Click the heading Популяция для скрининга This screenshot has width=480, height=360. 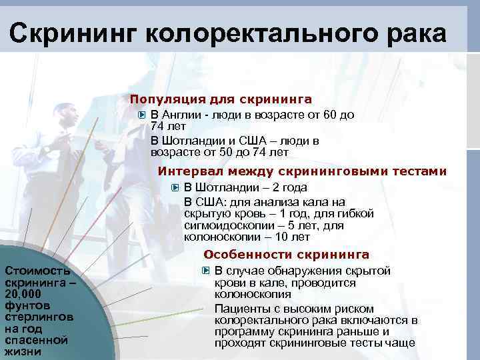coord(221,99)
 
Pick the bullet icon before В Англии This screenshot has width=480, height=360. coord(141,115)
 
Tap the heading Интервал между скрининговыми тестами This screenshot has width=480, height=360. coord(302,171)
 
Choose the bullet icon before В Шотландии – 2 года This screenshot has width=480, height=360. coord(175,187)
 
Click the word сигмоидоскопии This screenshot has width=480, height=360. coord(223,225)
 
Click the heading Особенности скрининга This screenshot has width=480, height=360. coord(286,254)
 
